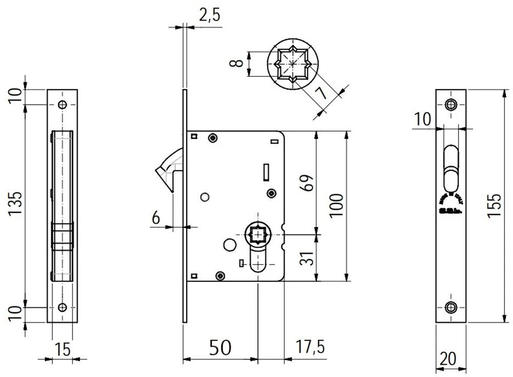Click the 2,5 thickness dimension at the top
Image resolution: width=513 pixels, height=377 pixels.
point(209,15)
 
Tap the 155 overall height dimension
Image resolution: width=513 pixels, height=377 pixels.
point(494,206)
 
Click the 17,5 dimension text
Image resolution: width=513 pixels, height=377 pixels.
point(309,347)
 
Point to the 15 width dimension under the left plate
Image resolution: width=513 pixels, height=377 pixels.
point(62,350)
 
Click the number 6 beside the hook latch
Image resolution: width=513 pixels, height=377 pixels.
point(155,218)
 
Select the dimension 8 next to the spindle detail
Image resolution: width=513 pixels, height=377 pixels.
point(235,64)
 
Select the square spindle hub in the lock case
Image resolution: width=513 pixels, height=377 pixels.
point(258,235)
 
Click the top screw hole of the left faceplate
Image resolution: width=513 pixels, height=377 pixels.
point(63,105)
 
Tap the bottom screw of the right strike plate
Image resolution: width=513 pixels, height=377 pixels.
point(451,307)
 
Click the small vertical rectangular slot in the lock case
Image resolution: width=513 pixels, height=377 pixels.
point(265,172)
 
